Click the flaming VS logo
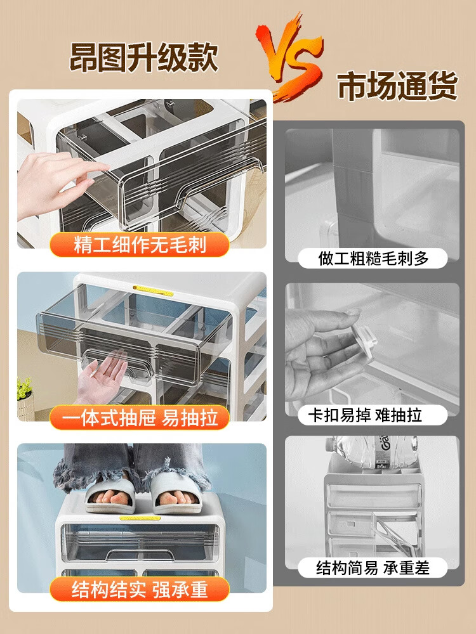pos(290,56)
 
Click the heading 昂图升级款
pos(144,58)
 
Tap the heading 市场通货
pos(397,86)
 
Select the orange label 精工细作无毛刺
pos(140,245)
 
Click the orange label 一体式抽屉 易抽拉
pos(140,417)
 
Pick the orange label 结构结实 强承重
pos(140,589)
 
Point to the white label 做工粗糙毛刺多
pos(373,259)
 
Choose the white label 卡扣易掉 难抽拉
pos(373,415)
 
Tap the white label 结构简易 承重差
pos(373,567)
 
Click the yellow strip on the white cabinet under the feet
pos(140,518)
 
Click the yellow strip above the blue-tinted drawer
pos(153,290)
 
